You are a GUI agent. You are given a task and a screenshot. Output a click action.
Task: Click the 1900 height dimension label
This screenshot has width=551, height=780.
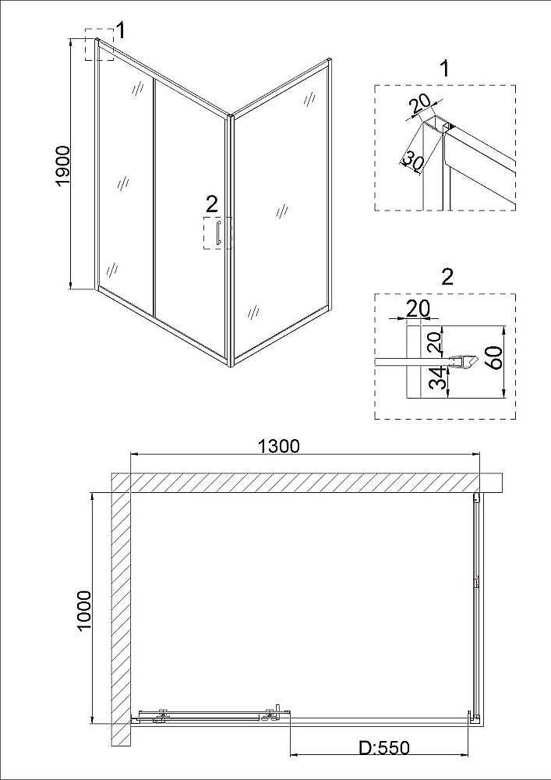pos(64,165)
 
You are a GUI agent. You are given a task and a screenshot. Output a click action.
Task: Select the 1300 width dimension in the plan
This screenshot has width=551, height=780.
pos(278,446)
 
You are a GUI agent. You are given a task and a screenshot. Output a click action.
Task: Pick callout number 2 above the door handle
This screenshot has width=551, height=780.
pos(212,204)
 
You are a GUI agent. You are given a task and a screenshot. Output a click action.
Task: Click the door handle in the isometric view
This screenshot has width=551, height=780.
pos(221,233)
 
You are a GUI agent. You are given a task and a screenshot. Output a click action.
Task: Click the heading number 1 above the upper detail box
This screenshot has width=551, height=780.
pos(444,69)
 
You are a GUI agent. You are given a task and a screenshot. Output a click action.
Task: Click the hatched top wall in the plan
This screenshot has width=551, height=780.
pos(304,482)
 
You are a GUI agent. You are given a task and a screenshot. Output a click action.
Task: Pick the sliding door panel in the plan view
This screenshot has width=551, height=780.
pos(207,712)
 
